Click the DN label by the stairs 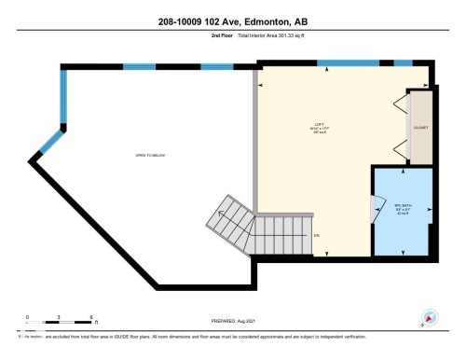tap(317, 235)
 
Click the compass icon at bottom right tap(430, 316)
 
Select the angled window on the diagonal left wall tap(47, 141)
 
